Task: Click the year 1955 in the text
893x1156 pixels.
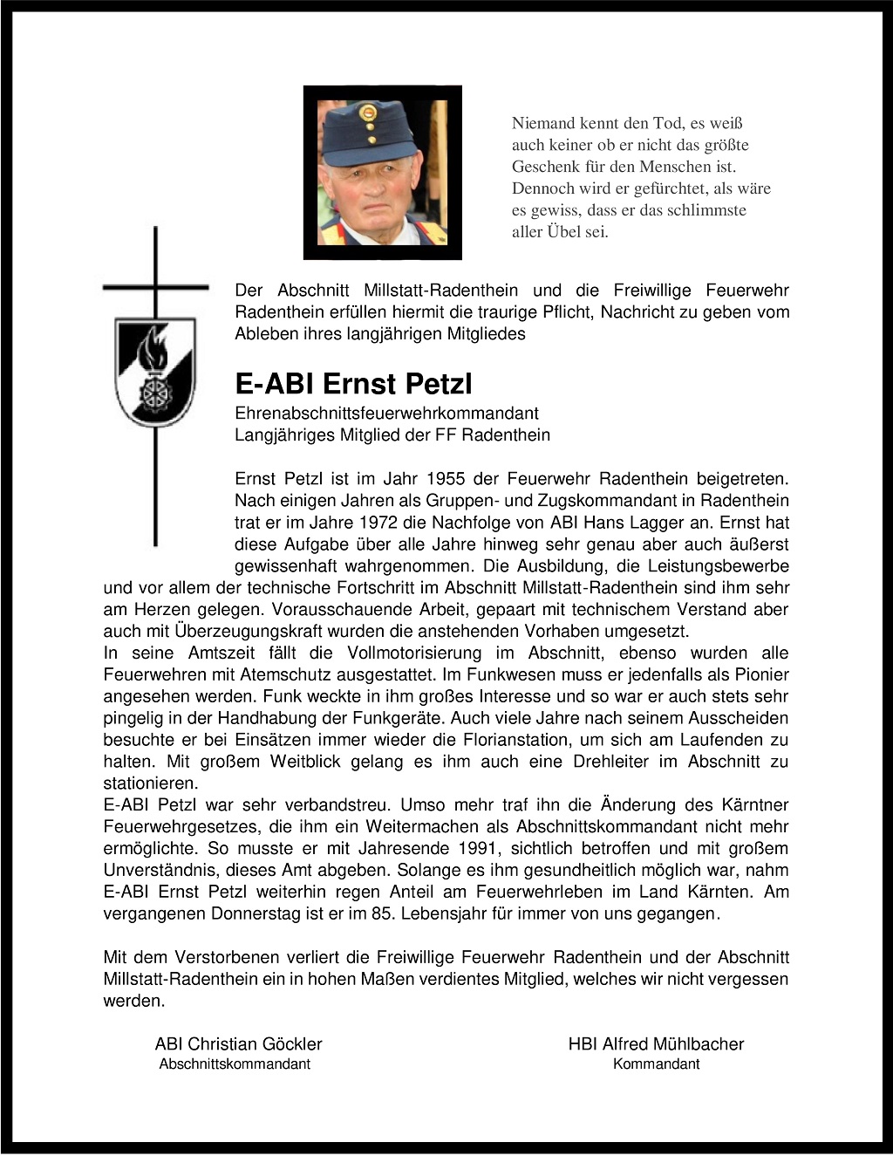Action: point(446,479)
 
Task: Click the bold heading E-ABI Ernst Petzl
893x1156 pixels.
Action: point(353,383)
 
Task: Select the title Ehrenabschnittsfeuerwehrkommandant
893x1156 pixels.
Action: point(386,414)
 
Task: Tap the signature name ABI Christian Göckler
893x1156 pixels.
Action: point(238,1044)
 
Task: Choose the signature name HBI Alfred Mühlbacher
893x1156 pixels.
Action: point(656,1044)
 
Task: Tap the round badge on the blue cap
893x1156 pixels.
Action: point(370,113)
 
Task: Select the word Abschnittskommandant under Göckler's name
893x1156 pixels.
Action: point(235,1064)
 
